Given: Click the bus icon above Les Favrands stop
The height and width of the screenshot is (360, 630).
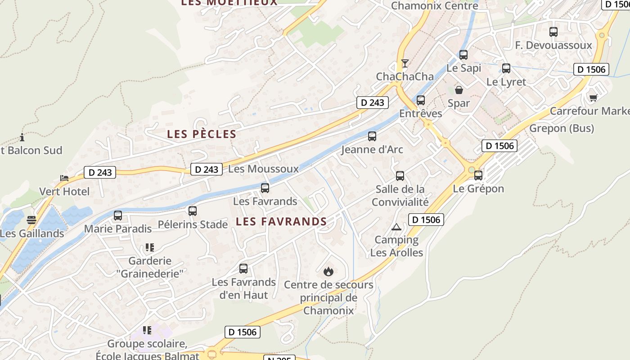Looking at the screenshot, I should click(x=265, y=188).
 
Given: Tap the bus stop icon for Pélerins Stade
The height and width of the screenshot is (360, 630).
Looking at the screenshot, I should click(x=193, y=211).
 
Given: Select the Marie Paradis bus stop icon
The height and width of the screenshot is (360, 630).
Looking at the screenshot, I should click(x=118, y=216).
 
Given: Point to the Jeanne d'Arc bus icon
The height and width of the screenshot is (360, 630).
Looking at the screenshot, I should click(x=372, y=136).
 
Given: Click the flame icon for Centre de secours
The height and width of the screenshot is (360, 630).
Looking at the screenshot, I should click(x=328, y=271).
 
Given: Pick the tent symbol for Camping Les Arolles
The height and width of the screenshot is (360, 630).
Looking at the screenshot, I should click(x=396, y=227).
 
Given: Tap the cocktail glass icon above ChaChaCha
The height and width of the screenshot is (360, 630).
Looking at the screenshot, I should click(x=405, y=63).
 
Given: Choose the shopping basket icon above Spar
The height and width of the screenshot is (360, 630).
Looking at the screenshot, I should click(x=459, y=90).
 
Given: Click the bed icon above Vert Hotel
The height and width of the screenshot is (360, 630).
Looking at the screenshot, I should click(x=64, y=178).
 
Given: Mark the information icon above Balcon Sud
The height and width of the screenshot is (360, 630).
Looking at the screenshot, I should click(x=22, y=137).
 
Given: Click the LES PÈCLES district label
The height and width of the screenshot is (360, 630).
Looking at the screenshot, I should click(x=202, y=134).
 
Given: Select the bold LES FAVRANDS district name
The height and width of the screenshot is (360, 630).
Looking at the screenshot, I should click(x=281, y=221).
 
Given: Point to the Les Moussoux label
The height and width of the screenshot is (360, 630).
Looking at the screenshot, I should click(x=264, y=169).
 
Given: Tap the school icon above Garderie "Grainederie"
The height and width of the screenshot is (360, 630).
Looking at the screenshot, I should click(x=150, y=247).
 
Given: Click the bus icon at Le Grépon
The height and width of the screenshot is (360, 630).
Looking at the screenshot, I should click(x=478, y=175).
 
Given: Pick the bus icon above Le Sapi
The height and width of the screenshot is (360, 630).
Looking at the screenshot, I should click(x=463, y=55).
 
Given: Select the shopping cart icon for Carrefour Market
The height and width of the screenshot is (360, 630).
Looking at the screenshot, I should click(x=594, y=97).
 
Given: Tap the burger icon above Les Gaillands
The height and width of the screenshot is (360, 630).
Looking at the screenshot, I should click(x=31, y=220).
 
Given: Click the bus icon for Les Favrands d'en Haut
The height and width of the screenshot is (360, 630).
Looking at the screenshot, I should click(x=243, y=269).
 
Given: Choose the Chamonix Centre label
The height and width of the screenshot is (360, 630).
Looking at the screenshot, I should click(x=435, y=6).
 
